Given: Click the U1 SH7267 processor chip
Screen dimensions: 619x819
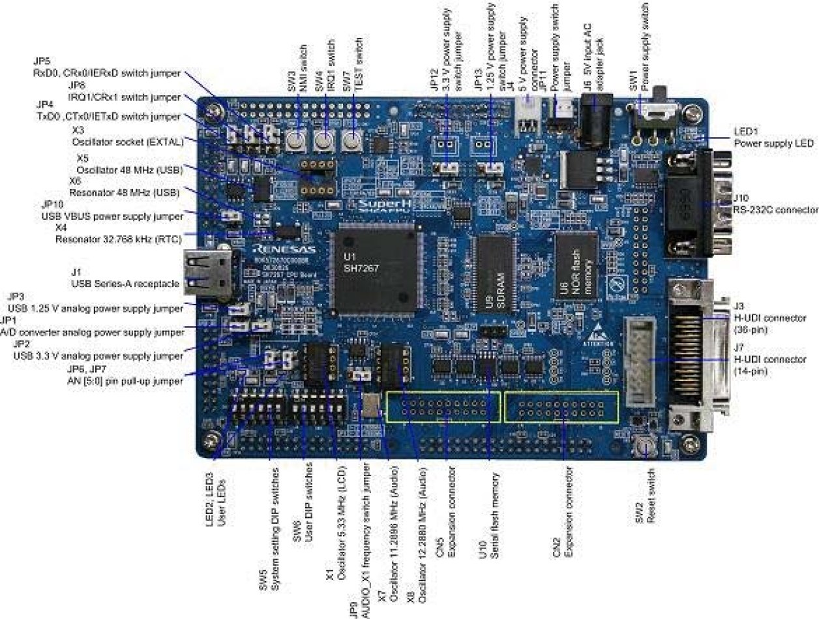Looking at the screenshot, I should [374, 268].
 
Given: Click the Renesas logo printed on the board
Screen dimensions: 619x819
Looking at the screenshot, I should [285, 249].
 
